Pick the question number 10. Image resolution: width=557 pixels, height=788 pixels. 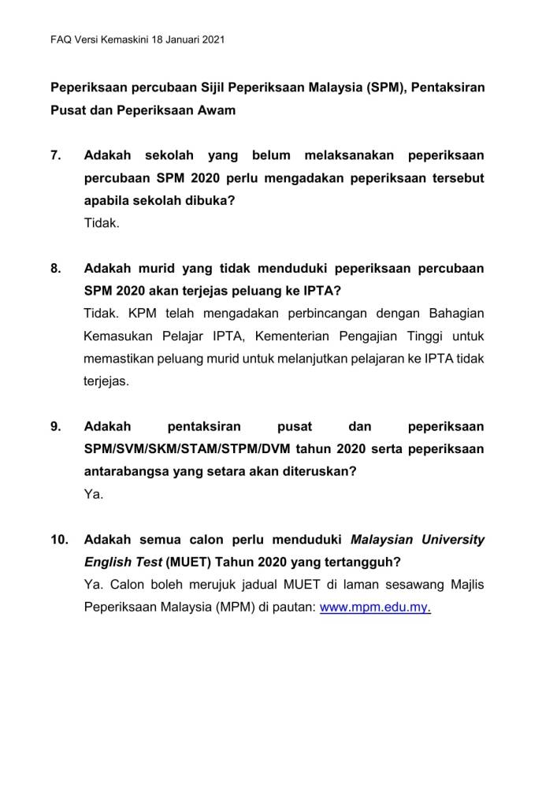tap(59, 541)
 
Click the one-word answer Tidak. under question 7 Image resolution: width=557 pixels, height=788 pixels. tap(102, 223)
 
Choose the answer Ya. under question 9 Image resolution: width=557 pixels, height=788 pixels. tap(94, 496)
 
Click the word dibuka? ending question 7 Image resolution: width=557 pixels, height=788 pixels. tap(210, 200)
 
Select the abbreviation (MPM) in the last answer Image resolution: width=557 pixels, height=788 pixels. tap(221, 609)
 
